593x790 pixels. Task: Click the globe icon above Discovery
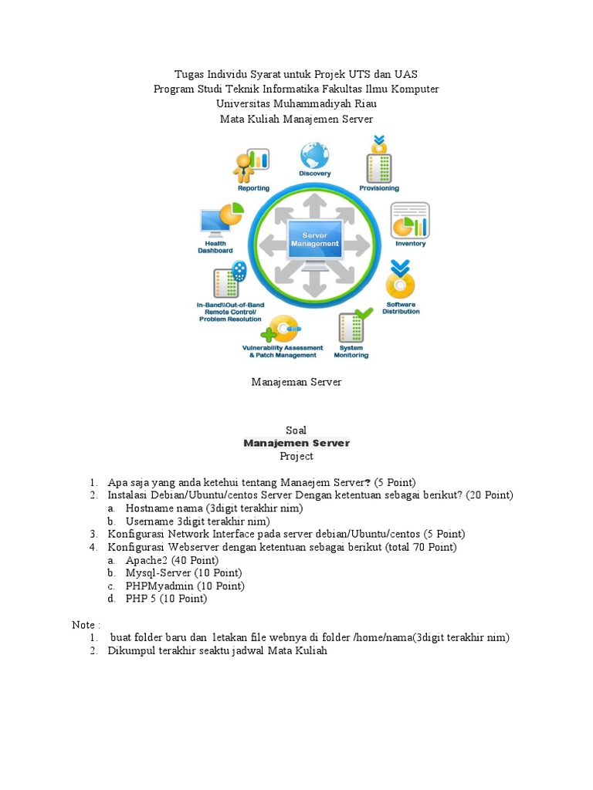pyautogui.click(x=314, y=154)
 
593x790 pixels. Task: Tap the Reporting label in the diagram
pyautogui.click(x=253, y=188)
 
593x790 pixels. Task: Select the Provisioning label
pyautogui.click(x=379, y=188)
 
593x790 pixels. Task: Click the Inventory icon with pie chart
pyautogui.click(x=410, y=221)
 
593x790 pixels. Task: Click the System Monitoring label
pyautogui.click(x=351, y=351)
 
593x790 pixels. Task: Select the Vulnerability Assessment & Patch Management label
pyautogui.click(x=283, y=351)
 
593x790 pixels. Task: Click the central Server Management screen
pyautogui.click(x=314, y=240)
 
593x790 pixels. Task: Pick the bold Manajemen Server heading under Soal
pyautogui.click(x=296, y=443)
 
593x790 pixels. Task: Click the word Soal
pyautogui.click(x=296, y=430)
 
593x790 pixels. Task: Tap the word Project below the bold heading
pyautogui.click(x=296, y=456)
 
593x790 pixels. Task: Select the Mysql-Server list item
pyautogui.click(x=183, y=572)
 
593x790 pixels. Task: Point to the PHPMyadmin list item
pyautogui.click(x=185, y=586)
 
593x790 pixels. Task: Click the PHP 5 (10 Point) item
pyautogui.click(x=166, y=599)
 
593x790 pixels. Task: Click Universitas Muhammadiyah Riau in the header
pyautogui.click(x=296, y=103)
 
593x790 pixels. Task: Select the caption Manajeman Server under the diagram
pyautogui.click(x=296, y=382)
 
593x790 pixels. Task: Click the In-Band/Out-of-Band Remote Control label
pyautogui.click(x=231, y=312)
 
